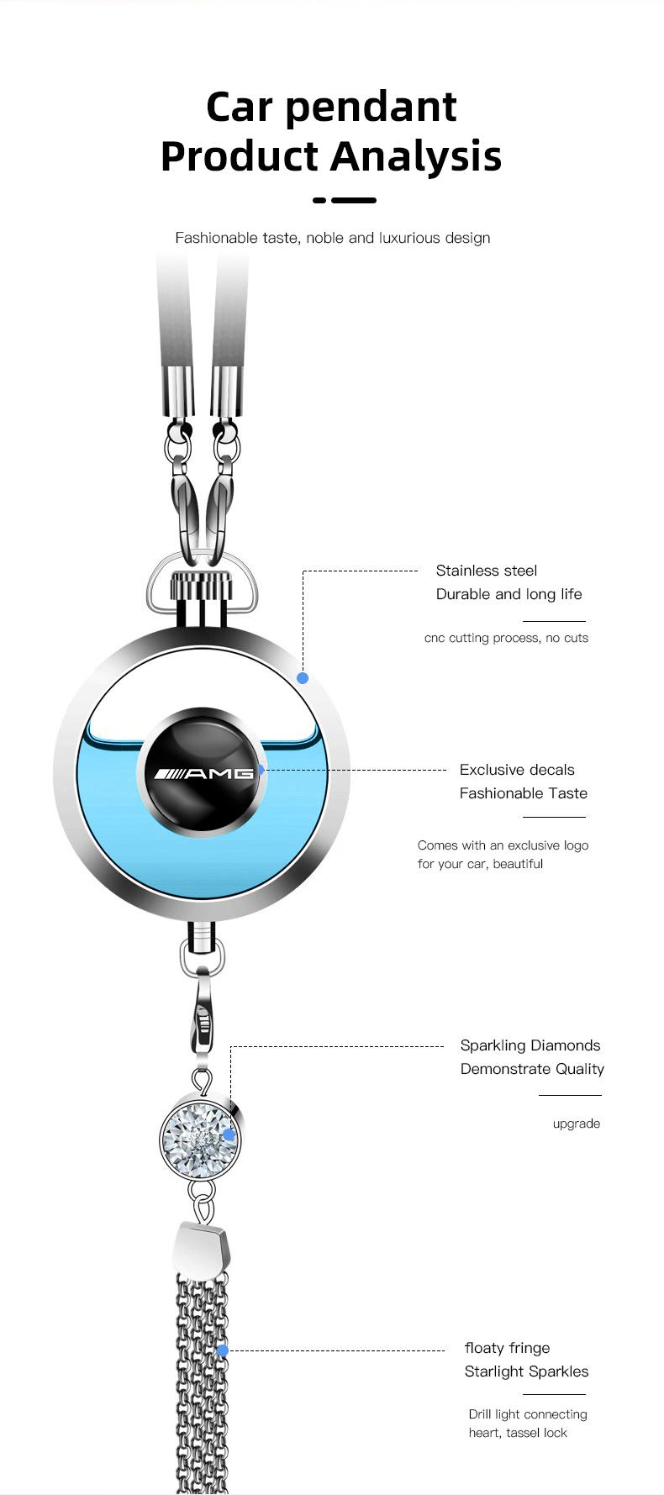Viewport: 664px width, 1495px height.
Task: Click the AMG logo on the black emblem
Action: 202,773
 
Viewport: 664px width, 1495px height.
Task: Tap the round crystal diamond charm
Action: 200,1137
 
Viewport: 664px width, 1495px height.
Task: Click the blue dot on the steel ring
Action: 303,677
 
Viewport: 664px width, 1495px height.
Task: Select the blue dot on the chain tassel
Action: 223,1350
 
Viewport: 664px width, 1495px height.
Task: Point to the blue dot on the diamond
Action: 229,1134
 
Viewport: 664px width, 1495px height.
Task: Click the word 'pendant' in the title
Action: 371,108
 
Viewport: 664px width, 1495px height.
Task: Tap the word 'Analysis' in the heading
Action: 416,157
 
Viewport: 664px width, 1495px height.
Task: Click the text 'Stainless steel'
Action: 487,571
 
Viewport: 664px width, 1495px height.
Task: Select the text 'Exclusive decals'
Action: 517,770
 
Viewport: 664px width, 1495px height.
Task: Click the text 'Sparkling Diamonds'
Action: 530,1045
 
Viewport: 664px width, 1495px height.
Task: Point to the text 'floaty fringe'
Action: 507,1348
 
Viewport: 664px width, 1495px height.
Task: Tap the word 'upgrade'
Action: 577,1124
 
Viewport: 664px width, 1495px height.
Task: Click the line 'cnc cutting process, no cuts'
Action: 506,638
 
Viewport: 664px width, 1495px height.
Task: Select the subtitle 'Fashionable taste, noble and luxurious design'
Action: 333,238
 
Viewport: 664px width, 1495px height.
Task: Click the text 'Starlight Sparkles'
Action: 526,1371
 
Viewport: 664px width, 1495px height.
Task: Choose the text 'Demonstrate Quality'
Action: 532,1069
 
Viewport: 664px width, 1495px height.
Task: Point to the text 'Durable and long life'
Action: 509,594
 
